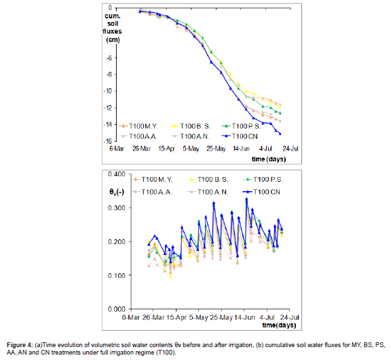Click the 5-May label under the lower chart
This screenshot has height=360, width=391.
(x=198, y=317)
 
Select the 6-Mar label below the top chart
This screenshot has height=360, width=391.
(x=129, y=147)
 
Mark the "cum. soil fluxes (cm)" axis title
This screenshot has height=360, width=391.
(x=113, y=28)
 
